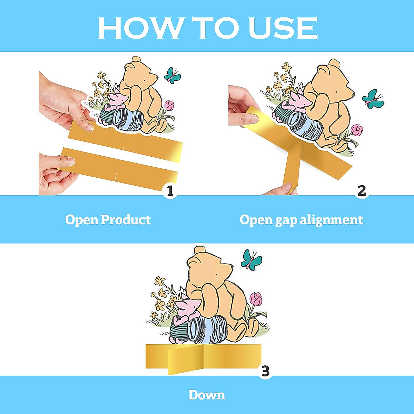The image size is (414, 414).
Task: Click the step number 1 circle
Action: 170,191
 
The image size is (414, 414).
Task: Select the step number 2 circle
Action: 361,191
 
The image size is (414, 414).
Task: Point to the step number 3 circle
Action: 265,371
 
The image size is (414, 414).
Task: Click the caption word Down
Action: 207,395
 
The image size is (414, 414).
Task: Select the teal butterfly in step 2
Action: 373,99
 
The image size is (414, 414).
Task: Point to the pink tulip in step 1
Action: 169,105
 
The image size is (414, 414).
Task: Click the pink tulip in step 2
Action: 357,130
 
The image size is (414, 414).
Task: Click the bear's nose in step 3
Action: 231,267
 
